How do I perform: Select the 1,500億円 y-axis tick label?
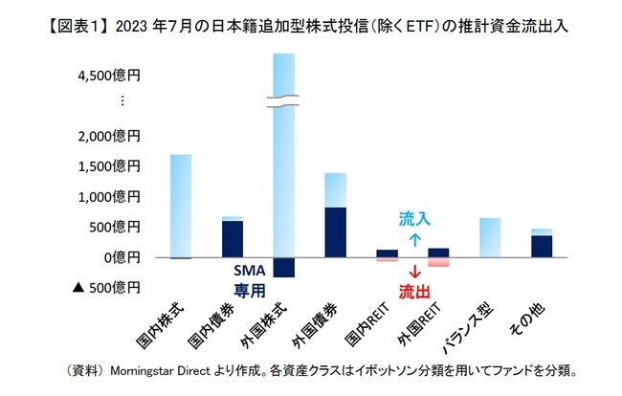[104, 166]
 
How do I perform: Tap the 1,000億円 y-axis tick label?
[104, 196]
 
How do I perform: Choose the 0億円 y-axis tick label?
[119, 257]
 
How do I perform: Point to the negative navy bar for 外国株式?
[285, 268]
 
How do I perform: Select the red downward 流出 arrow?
[414, 272]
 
